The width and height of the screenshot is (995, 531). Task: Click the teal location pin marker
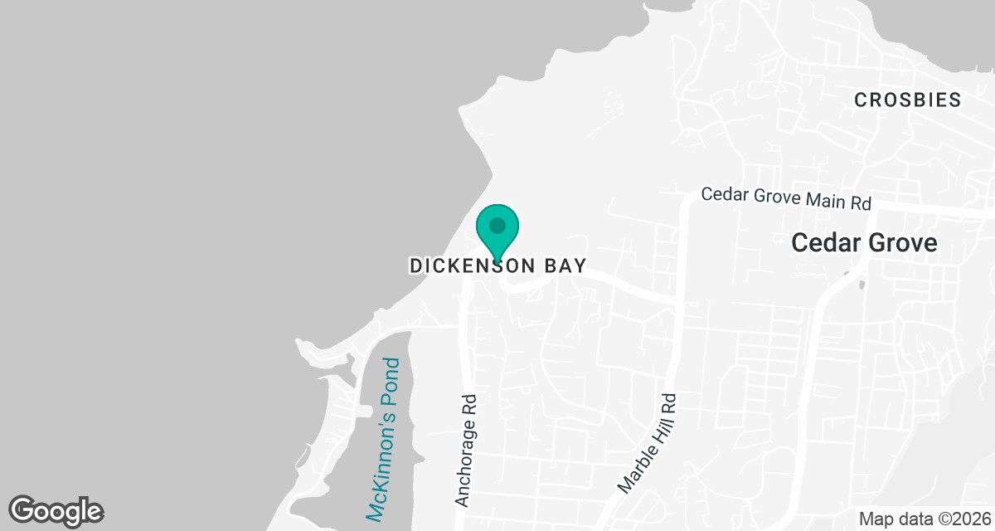[x=498, y=232]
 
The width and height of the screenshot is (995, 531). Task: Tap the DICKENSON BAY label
[x=498, y=266]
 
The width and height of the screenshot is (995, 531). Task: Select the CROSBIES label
[x=908, y=100]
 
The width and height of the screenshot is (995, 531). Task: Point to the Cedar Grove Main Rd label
[x=786, y=198]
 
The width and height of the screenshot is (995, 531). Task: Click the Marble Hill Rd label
[x=648, y=441]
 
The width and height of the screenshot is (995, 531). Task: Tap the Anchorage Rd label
[x=468, y=450]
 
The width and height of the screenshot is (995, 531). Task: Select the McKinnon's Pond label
[x=383, y=439]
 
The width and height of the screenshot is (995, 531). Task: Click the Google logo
[x=56, y=511]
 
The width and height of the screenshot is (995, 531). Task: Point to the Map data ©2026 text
[x=924, y=519]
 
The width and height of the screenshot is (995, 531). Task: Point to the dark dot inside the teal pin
[x=498, y=225]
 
